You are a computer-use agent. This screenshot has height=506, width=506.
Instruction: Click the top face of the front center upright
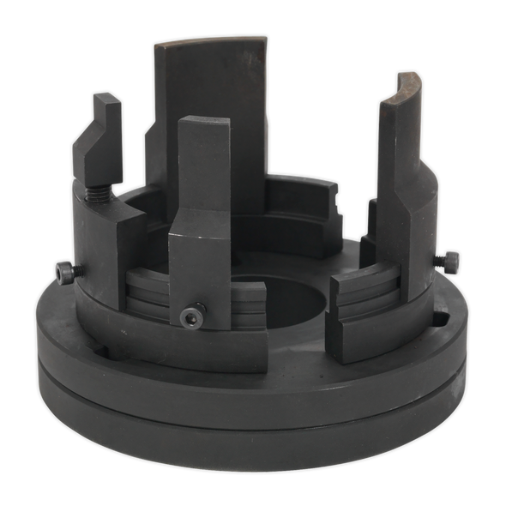click(x=204, y=122)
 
